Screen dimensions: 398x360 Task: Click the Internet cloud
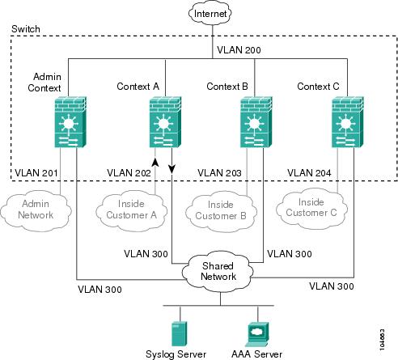click(x=210, y=13)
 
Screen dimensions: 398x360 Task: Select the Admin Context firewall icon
click(x=70, y=122)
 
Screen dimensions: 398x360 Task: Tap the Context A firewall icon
click(x=165, y=122)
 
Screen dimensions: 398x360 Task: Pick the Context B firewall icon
click(x=256, y=122)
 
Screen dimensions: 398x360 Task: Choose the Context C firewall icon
click(x=347, y=122)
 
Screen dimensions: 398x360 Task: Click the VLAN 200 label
click(x=239, y=50)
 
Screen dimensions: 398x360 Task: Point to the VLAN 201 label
click(x=36, y=173)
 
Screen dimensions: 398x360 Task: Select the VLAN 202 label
click(x=129, y=173)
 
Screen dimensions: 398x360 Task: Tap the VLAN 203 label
click(x=219, y=173)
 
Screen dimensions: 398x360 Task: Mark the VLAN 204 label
click(x=309, y=173)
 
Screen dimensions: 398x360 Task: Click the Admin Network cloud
click(x=36, y=210)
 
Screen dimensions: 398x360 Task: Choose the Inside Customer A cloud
click(x=132, y=210)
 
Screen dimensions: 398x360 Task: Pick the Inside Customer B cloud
click(x=221, y=211)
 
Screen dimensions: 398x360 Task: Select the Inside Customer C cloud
click(x=311, y=209)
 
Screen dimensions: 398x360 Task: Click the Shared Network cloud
click(x=218, y=272)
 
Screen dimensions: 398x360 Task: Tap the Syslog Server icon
click(x=179, y=334)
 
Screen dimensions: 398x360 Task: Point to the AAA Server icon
click(x=257, y=334)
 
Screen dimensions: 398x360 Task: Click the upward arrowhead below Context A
click(x=155, y=162)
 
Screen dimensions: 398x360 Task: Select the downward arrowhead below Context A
click(x=171, y=169)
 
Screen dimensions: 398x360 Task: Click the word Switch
click(x=26, y=29)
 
